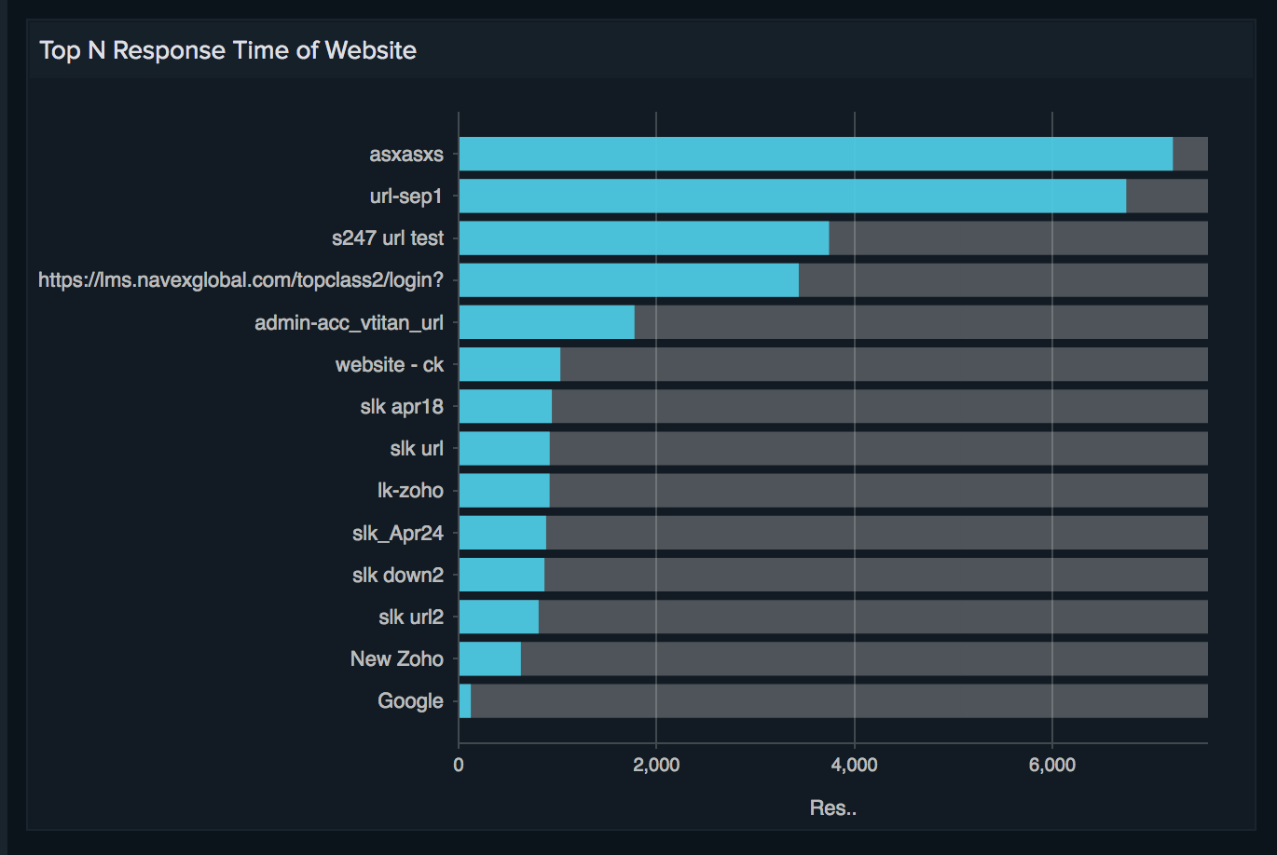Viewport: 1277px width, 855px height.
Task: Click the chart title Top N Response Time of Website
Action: click(x=227, y=50)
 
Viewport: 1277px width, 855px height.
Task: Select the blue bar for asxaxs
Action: click(x=816, y=154)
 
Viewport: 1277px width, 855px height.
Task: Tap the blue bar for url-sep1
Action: click(x=792, y=196)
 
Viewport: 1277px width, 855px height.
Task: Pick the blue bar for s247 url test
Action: click(x=644, y=238)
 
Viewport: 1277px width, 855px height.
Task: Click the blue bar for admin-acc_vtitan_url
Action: click(x=547, y=322)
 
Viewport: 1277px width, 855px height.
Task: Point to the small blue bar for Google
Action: click(x=465, y=701)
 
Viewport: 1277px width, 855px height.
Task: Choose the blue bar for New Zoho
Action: click(x=490, y=658)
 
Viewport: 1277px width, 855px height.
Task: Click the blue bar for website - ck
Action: click(x=510, y=364)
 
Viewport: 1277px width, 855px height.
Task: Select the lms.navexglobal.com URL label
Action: click(x=240, y=280)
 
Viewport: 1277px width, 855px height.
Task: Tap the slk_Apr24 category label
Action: click(x=398, y=534)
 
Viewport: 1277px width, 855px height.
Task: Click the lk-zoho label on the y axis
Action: click(x=410, y=491)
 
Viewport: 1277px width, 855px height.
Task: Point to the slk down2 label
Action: click(x=398, y=576)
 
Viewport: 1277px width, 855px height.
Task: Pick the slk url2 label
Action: click(x=411, y=617)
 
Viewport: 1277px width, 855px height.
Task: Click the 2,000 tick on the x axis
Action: click(x=656, y=766)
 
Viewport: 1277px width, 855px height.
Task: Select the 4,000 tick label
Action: click(x=854, y=766)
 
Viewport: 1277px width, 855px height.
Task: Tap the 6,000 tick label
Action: click(x=1051, y=766)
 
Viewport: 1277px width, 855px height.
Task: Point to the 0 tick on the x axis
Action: click(x=459, y=766)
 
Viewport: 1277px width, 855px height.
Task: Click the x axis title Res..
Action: click(x=832, y=808)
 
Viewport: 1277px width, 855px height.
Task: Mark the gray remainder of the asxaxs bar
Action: click(x=1190, y=154)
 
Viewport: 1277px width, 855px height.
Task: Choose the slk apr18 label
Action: click(x=402, y=407)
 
